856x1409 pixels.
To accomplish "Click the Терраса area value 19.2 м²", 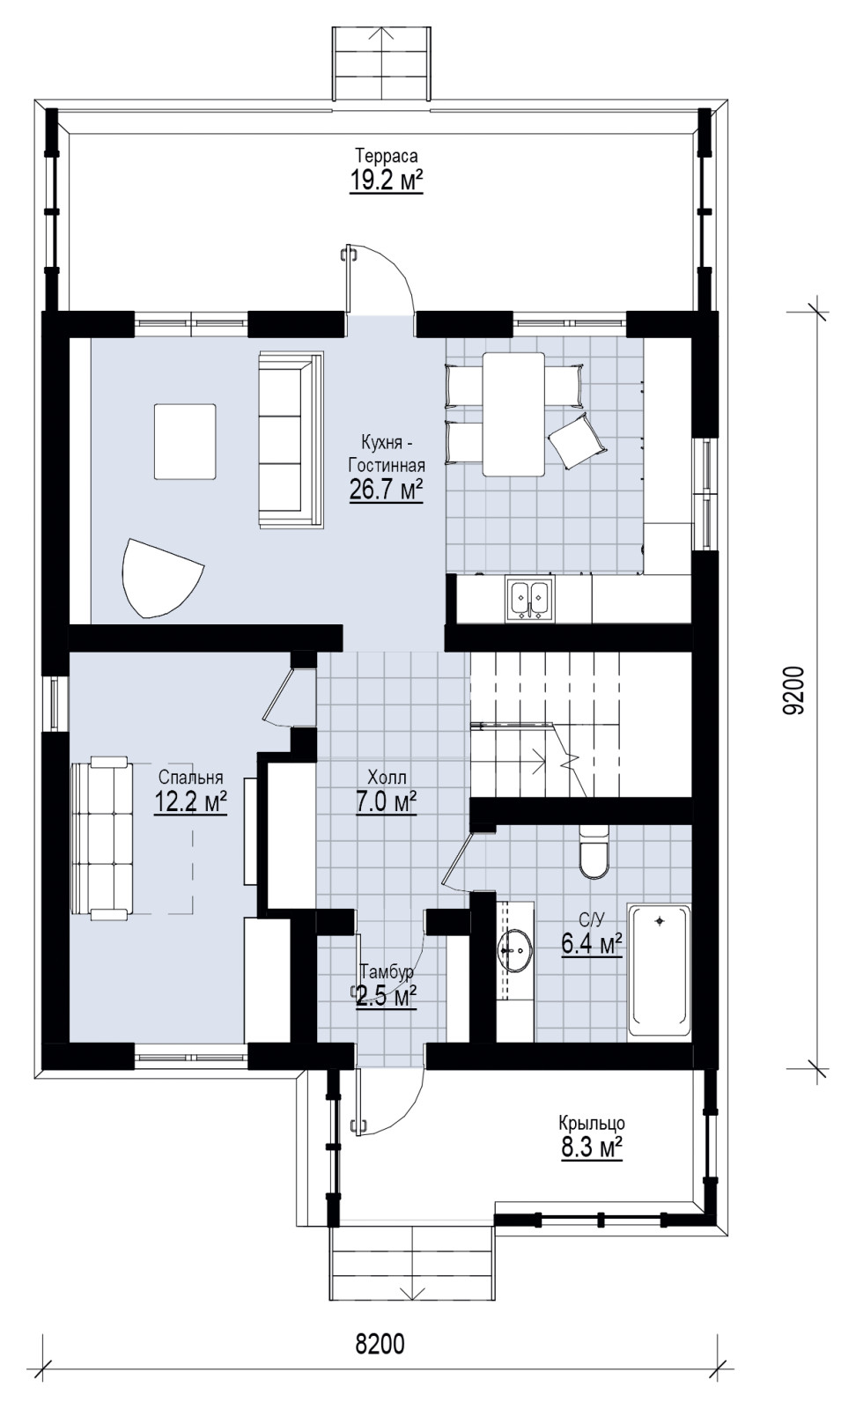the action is [x=386, y=181].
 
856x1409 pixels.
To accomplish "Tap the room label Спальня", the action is [x=190, y=778].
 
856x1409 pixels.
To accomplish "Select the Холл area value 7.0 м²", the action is [x=387, y=803].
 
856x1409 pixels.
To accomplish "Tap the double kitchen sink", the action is [x=529, y=600].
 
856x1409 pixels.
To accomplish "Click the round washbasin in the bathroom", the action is [x=515, y=950].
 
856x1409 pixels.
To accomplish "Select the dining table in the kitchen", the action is [x=513, y=414].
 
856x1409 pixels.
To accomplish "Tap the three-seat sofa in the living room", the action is [x=291, y=439].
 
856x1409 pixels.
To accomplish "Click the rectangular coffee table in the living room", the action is [x=185, y=441].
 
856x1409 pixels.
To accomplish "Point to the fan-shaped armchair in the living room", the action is [x=160, y=578].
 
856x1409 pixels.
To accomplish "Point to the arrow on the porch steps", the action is [x=412, y=1262].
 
